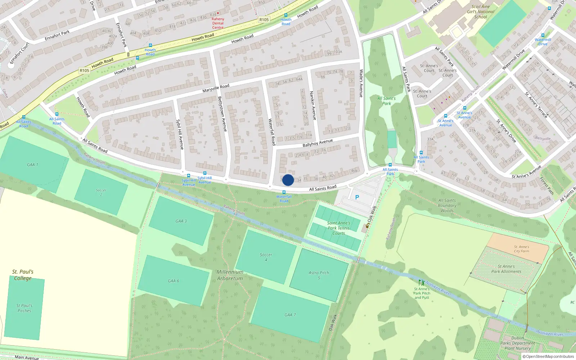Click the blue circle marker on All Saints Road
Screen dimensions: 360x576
(288, 180)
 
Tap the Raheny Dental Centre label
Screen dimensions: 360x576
(218, 23)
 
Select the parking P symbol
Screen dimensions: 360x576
(357, 197)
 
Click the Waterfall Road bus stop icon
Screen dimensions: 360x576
(284, 193)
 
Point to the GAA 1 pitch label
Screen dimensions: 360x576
(32, 165)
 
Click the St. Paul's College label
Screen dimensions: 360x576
(23, 275)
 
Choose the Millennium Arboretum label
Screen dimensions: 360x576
(230, 275)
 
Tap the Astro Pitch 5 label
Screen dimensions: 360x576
(319, 275)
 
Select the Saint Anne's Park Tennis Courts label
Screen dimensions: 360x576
(338, 228)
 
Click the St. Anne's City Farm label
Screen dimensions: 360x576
(522, 249)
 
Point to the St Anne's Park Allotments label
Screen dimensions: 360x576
(506, 269)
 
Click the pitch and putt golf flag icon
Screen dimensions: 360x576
(422, 283)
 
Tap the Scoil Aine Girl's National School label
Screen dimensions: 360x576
(481, 12)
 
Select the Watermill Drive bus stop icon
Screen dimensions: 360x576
(543, 35)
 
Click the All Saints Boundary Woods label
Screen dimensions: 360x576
(447, 206)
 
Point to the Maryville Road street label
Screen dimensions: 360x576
(216, 88)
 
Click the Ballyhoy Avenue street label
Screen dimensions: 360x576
(318, 143)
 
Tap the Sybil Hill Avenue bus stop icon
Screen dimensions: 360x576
(188, 176)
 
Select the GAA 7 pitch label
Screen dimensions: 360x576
(290, 315)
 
